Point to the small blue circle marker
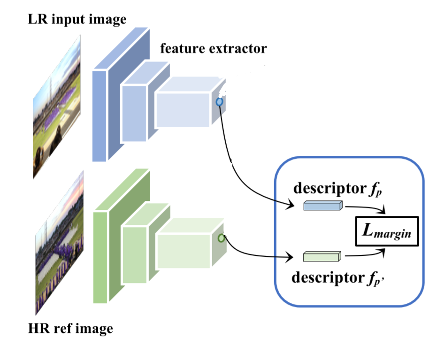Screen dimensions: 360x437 tap(219, 101)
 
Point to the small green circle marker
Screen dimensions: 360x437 tap(221, 238)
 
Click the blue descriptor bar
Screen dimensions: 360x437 tap(322, 205)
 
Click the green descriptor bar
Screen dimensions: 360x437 tap(321, 256)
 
